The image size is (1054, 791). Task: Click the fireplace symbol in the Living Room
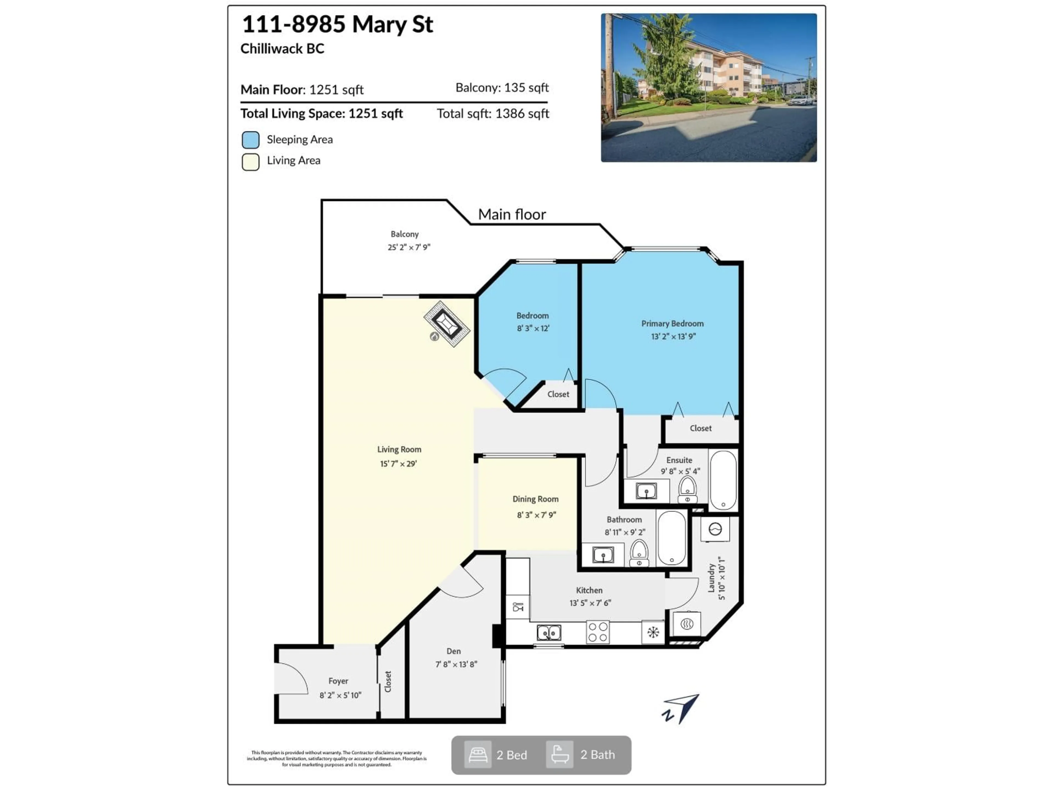pos(447,324)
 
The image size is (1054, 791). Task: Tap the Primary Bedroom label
pos(672,323)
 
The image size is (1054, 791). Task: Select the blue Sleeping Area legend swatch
pos(251,140)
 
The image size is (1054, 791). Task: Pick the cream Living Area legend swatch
pos(251,161)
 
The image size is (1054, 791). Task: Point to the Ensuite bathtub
pos(723,480)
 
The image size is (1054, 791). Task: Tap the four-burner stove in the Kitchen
pos(598,632)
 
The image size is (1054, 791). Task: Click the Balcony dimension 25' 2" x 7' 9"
pos(409,247)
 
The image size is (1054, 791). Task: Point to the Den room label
pos(454,651)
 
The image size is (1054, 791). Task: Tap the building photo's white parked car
pos(800,101)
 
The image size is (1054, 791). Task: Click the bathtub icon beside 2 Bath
pos(559,755)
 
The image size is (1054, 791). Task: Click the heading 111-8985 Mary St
pos(337,24)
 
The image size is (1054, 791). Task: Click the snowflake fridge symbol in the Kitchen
pos(653,632)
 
